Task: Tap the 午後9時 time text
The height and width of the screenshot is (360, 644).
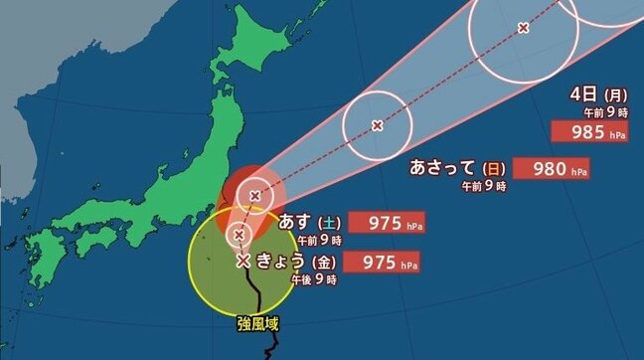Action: tap(314, 281)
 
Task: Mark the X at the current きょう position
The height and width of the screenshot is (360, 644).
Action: tap(243, 262)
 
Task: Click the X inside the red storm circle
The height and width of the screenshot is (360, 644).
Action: tap(255, 196)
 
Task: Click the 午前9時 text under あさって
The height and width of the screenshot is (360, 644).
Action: tap(483, 186)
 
